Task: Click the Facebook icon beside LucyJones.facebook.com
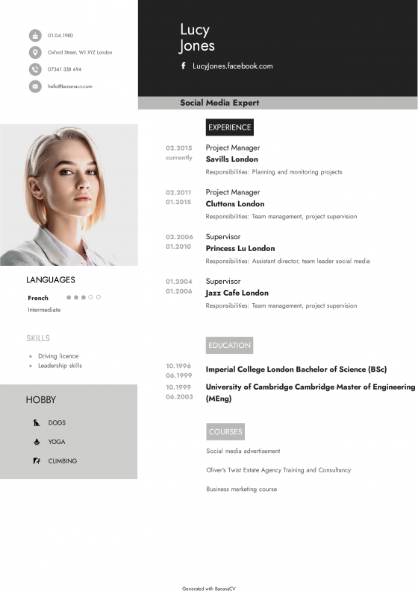click(x=184, y=66)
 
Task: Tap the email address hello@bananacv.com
click(x=70, y=86)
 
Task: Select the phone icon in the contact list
click(x=35, y=69)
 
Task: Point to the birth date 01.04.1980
click(x=60, y=36)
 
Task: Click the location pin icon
click(x=35, y=52)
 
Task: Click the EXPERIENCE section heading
click(x=229, y=127)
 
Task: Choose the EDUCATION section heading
click(x=229, y=345)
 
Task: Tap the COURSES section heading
click(x=225, y=432)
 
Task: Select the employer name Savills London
click(x=231, y=159)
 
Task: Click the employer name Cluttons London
click(x=234, y=204)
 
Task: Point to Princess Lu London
click(x=240, y=249)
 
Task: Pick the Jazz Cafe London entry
click(x=237, y=294)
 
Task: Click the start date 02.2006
click(x=179, y=237)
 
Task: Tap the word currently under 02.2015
click(x=179, y=158)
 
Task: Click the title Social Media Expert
click(x=219, y=103)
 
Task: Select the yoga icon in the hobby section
click(x=36, y=442)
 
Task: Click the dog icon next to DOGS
click(x=36, y=423)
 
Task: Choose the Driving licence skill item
click(x=58, y=356)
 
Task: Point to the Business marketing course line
click(x=241, y=489)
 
